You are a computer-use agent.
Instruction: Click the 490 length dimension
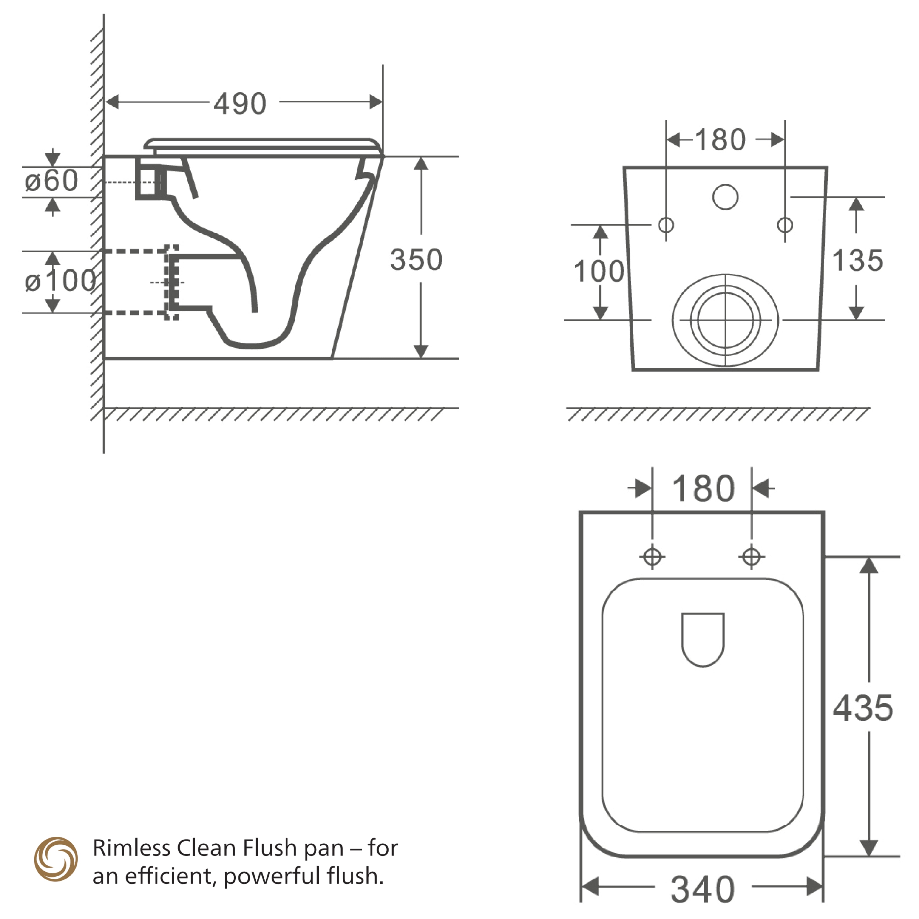pyautogui.click(x=240, y=104)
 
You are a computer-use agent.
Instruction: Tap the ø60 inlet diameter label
pyautogui.click(x=51, y=181)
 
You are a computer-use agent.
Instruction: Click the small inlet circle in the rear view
pyautogui.click(x=725, y=197)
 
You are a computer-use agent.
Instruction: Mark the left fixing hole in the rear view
pyautogui.click(x=666, y=224)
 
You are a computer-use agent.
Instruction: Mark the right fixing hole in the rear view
pyautogui.click(x=785, y=224)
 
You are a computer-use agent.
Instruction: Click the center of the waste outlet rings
pyautogui.click(x=725, y=320)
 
